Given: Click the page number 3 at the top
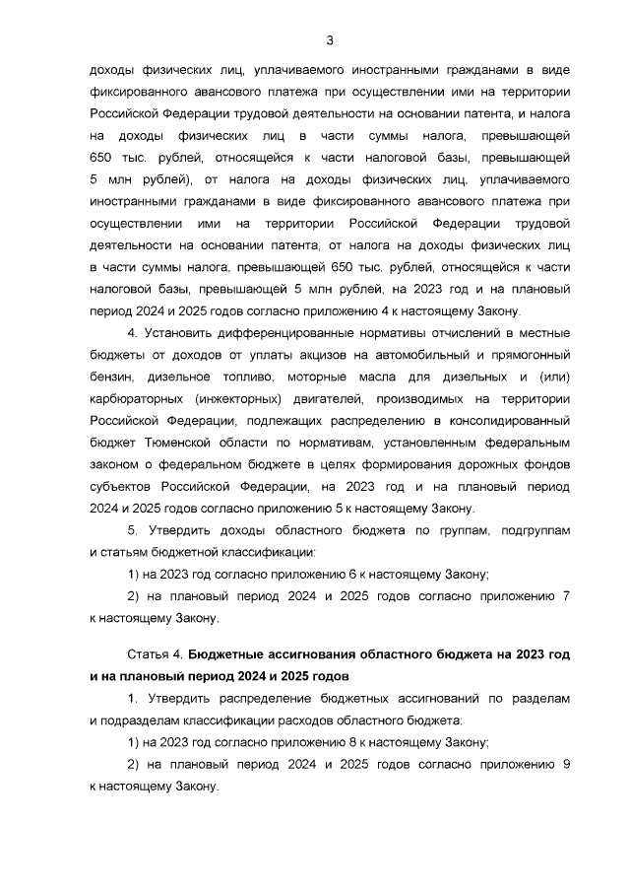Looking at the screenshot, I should pos(330,40).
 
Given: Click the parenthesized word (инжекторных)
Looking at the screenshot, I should pos(242,401).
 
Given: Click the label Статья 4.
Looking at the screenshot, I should pos(155,655).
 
